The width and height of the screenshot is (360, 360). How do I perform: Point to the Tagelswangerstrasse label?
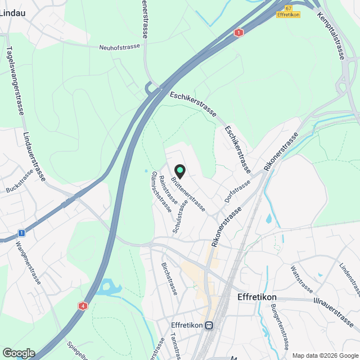[15, 80]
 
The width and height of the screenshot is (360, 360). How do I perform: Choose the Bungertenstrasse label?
[280, 326]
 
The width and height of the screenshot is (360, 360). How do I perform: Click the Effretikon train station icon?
[209, 326]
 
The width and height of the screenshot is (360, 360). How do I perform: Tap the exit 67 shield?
[289, 8]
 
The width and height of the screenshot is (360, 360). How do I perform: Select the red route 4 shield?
[83, 306]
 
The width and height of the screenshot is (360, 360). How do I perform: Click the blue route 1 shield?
[21, 232]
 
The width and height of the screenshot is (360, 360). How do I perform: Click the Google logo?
[18, 353]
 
